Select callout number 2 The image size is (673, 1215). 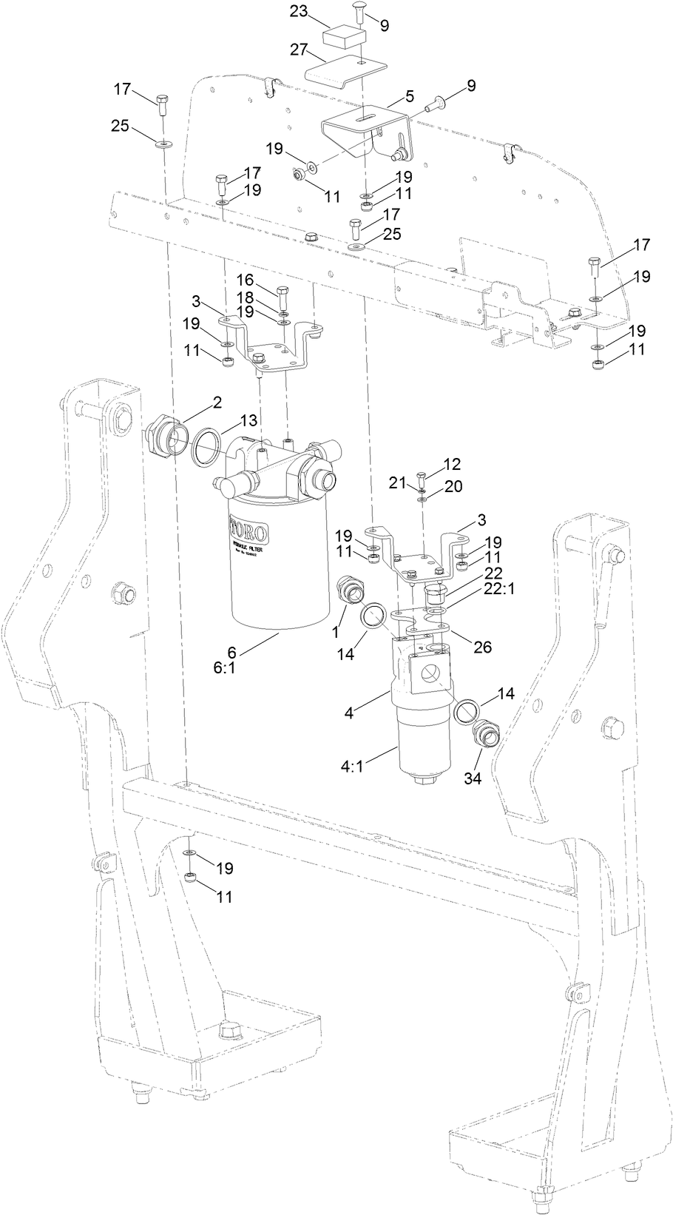point(217,402)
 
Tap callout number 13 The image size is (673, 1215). point(248,420)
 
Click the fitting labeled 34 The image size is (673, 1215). point(488,734)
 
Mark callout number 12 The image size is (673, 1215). point(452,465)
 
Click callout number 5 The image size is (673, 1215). point(409,96)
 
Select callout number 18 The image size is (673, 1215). point(245,296)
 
